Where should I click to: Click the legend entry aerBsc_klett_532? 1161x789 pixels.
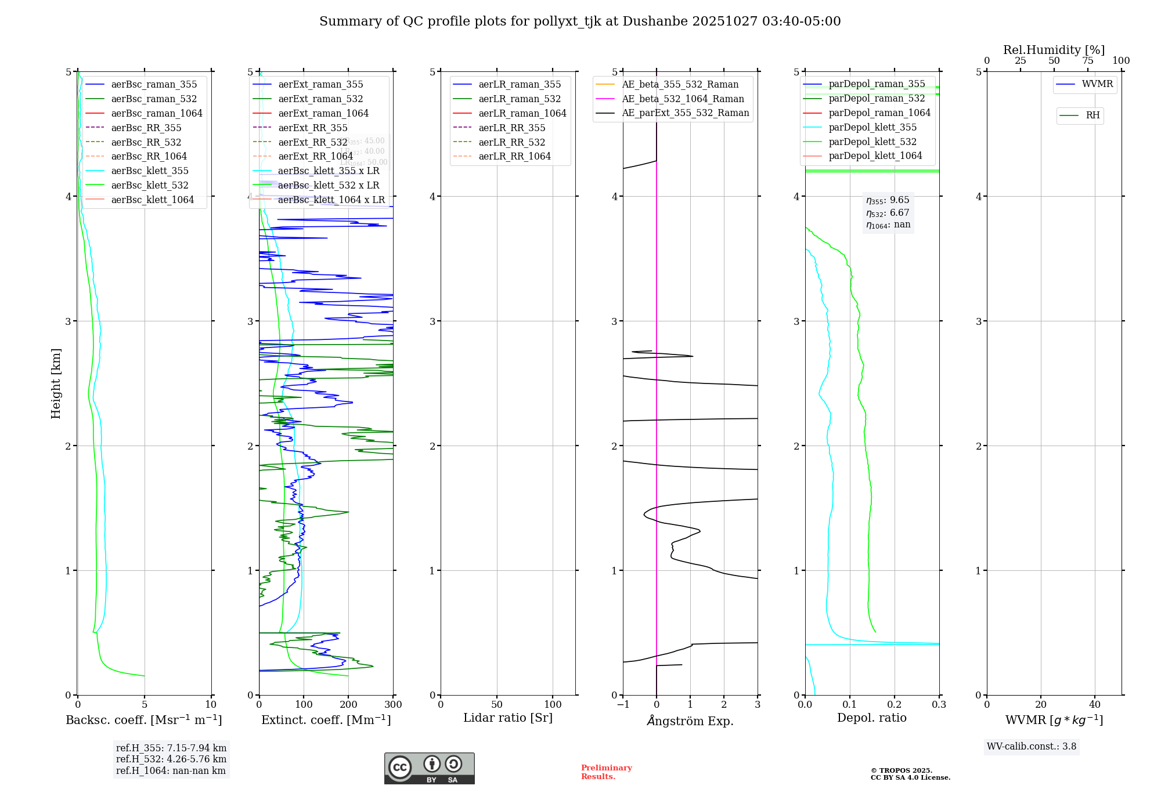[x=150, y=185]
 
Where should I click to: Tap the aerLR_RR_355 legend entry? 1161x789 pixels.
[x=511, y=128]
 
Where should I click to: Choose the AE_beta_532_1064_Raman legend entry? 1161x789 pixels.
[x=683, y=99]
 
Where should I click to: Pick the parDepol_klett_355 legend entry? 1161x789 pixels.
[x=872, y=127]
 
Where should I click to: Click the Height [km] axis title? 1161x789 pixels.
[x=56, y=383]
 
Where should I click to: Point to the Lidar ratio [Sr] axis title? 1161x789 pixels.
[x=508, y=718]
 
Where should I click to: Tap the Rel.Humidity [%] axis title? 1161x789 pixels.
[x=1054, y=50]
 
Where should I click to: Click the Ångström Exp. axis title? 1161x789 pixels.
[x=690, y=721]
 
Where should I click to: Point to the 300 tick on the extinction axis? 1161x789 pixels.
[x=393, y=704]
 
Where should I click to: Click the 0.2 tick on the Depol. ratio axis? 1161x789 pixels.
[x=895, y=704]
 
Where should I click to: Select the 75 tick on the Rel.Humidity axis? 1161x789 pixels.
[x=1087, y=61]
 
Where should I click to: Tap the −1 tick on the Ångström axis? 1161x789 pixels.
[x=623, y=704]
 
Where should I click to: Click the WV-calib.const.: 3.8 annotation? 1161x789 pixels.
[x=1031, y=746]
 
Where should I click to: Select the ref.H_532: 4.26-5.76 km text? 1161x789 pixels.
[x=171, y=759]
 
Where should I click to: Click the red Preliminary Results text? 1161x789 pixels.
[x=606, y=772]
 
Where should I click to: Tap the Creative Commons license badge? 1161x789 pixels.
[x=429, y=768]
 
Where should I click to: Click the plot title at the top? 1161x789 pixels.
[x=580, y=21]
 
